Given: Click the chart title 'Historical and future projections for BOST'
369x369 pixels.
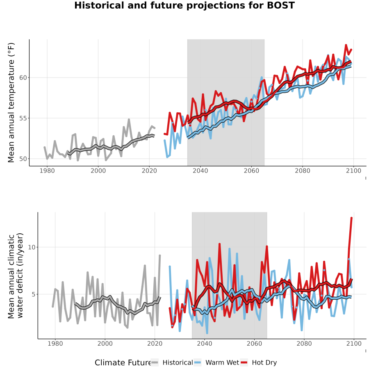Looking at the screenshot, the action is (x=184, y=5).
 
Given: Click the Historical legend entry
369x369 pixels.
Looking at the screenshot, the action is (x=171, y=362).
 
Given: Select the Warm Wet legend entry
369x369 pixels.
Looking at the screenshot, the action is (x=216, y=362).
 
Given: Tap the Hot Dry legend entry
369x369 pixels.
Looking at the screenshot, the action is (x=258, y=362).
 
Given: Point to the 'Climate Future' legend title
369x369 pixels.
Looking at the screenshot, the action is (x=123, y=363).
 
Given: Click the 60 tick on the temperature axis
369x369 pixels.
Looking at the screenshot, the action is (x=23, y=77).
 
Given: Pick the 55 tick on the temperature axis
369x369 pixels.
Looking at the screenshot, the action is (x=23, y=118).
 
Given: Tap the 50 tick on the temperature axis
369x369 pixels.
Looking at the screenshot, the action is (x=23, y=159).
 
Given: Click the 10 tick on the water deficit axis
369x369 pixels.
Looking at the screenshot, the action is (x=32, y=247).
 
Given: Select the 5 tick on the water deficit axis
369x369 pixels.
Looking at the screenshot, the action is (x=34, y=294).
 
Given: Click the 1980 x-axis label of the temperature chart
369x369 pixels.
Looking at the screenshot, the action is (x=47, y=171).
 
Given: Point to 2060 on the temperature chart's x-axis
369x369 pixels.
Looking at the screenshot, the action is (x=251, y=171).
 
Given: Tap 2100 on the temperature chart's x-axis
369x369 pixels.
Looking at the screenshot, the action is (x=353, y=171).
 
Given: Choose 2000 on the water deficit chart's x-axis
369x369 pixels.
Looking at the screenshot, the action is (x=105, y=344).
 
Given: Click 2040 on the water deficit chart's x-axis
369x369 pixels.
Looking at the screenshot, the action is (x=205, y=344).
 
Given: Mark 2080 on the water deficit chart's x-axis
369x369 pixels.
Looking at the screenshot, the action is (x=304, y=344).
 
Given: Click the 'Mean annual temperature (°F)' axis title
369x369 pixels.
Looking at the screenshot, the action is (x=11, y=102).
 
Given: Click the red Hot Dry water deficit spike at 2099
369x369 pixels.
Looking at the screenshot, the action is (x=351, y=218).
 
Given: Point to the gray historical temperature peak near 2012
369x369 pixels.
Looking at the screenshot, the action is (x=129, y=120).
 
